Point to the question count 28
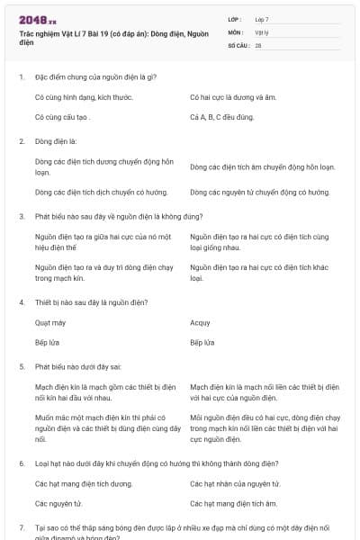258,45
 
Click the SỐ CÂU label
237,45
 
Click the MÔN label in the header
236,31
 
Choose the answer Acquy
200,322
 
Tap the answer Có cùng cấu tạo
63,117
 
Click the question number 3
22,216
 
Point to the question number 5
22,367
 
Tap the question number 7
22,526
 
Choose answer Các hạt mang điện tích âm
233,504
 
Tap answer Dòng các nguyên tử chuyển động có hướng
259,192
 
